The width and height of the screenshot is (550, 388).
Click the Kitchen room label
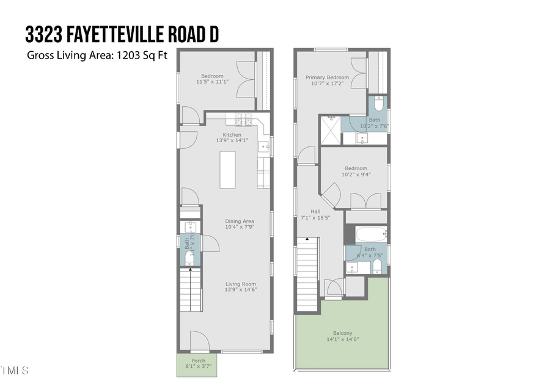tap(232, 135)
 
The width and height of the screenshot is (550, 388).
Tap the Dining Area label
tap(240, 221)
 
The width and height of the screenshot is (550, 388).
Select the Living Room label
tap(240, 284)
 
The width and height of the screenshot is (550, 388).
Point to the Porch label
tap(199, 360)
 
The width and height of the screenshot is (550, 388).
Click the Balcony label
tap(342, 333)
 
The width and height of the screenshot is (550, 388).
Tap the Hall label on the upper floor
tap(315, 212)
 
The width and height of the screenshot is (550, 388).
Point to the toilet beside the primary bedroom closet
tap(379, 102)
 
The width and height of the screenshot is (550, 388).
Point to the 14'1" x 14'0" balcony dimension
tap(342, 339)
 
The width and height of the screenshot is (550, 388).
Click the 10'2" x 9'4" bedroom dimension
tap(356, 174)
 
